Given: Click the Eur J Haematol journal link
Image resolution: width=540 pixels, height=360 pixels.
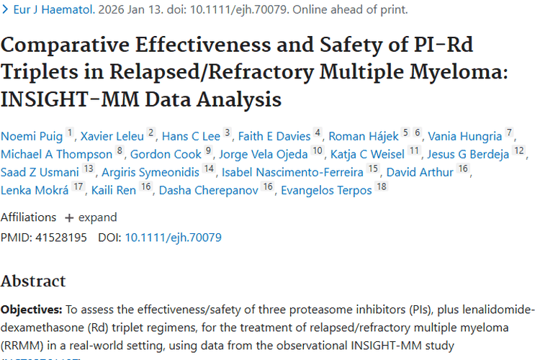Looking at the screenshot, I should point(47,10).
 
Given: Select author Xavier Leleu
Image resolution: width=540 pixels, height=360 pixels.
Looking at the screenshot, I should point(112,136).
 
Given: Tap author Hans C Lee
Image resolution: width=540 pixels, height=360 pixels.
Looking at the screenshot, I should point(191,136).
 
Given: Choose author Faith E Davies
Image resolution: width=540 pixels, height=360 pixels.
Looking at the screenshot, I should point(275,136).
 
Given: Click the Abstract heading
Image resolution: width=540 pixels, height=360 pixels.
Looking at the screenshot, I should point(33,281).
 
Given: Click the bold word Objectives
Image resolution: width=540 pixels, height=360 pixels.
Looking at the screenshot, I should point(32,310).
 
